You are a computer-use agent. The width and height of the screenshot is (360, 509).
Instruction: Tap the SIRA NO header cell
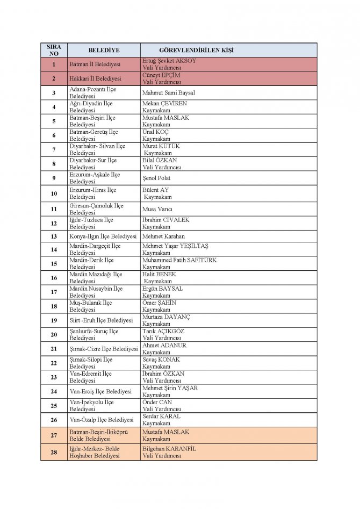(x=54, y=50)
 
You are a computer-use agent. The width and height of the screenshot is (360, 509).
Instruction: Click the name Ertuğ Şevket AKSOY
(x=169, y=61)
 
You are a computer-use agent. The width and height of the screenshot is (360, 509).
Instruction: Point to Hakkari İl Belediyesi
(x=95, y=78)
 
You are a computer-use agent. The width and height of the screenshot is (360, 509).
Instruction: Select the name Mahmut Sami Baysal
(x=168, y=92)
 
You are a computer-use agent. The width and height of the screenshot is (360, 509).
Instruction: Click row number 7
(x=54, y=149)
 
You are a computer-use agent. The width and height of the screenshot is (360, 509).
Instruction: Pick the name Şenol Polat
(x=157, y=178)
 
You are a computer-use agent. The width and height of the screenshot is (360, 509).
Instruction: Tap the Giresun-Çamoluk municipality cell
(x=96, y=209)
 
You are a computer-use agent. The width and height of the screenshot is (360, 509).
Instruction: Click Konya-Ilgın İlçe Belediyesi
(x=103, y=236)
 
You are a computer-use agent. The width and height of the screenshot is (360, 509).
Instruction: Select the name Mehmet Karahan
(x=163, y=236)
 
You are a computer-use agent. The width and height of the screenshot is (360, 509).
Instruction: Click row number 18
(x=54, y=306)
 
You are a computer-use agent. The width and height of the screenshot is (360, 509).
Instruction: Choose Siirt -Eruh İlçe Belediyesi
(x=101, y=320)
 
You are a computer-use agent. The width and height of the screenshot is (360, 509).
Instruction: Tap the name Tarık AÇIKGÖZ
(x=163, y=332)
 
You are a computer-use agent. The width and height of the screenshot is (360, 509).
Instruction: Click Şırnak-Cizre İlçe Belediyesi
(x=104, y=349)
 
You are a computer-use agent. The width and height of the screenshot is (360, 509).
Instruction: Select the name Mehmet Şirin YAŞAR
(x=170, y=389)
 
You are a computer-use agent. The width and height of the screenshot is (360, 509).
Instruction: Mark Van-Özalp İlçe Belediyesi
(x=102, y=420)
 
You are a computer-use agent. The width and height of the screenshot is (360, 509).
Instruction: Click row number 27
(x=54, y=435)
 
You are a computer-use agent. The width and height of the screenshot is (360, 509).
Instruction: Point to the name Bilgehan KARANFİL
(x=169, y=448)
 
